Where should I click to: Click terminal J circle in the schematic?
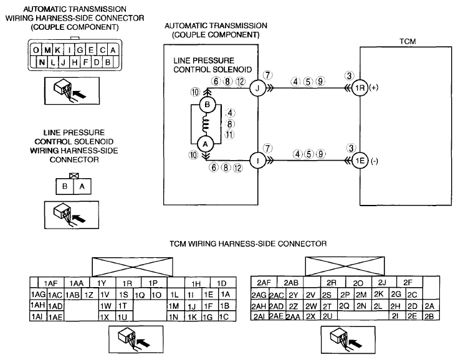257,88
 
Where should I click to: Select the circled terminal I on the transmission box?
257,160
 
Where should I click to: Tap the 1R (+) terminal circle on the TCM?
360,88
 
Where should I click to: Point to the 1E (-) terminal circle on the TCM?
360,160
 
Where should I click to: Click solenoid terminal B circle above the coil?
207,105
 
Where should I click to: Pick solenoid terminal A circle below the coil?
206,144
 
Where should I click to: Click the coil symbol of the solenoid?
206,125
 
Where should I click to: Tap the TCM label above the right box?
408,42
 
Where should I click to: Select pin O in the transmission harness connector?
36,50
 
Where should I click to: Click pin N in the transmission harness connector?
42,62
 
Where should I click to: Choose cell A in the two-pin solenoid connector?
82,186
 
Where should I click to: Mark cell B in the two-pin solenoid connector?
65,186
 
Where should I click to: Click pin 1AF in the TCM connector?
51,283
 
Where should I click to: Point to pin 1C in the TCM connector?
224,317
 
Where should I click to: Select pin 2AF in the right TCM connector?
264,282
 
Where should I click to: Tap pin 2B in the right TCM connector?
429,316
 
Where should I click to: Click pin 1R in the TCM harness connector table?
127,283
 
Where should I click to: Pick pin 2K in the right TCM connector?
379,294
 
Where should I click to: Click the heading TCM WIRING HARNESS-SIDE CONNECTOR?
248,244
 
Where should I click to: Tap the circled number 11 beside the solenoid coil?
229,135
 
